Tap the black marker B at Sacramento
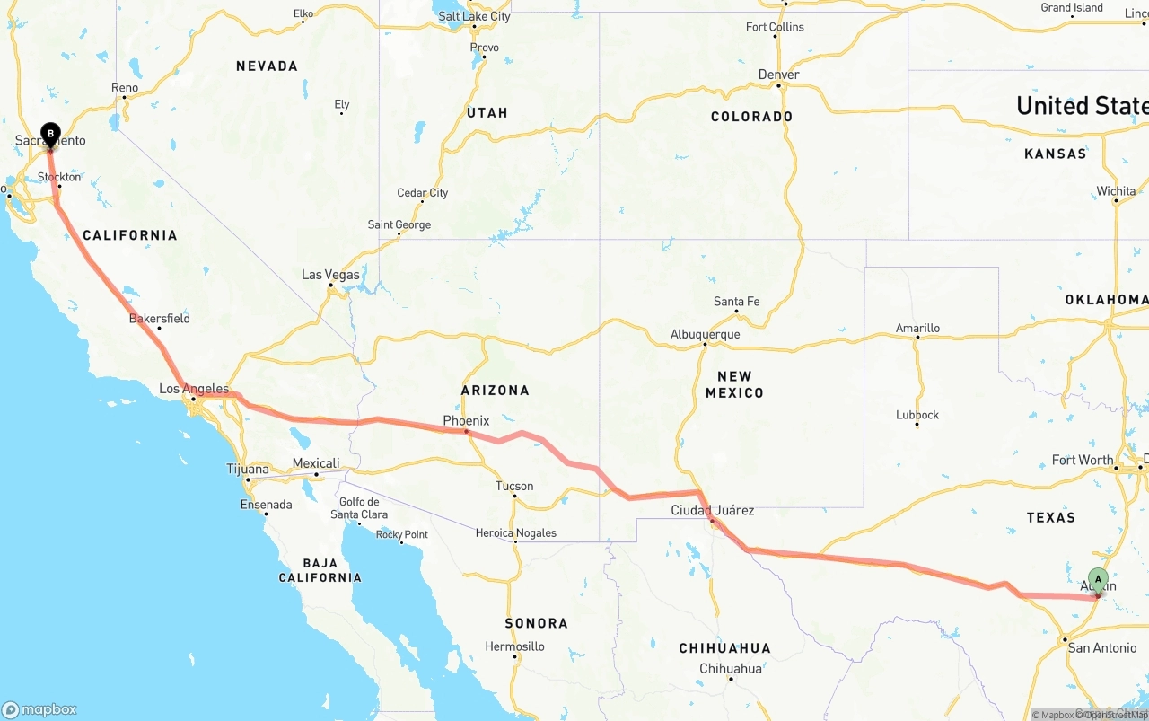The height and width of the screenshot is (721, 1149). [50, 135]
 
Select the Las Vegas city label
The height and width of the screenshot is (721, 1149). [330, 275]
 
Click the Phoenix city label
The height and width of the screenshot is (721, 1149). [466, 420]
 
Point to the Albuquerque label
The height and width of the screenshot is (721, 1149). [706, 335]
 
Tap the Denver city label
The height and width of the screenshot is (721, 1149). [778, 75]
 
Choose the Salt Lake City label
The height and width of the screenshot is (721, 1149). [474, 16]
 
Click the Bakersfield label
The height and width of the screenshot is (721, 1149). [160, 319]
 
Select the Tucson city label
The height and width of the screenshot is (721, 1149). [514, 487]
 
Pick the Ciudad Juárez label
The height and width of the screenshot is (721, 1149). [713, 510]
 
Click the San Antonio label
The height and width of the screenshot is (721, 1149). [1102, 648]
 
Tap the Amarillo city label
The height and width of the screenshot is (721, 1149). [917, 329]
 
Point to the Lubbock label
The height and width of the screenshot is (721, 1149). [917, 415]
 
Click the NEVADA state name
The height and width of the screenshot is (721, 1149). [267, 66]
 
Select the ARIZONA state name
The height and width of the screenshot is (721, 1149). [496, 391]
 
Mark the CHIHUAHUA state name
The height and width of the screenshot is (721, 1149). [724, 648]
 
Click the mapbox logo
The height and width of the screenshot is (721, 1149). [39, 709]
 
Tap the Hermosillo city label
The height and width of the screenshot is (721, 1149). [514, 646]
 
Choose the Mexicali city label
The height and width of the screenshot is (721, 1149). [316, 463]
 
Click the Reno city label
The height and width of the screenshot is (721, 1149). [125, 88]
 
